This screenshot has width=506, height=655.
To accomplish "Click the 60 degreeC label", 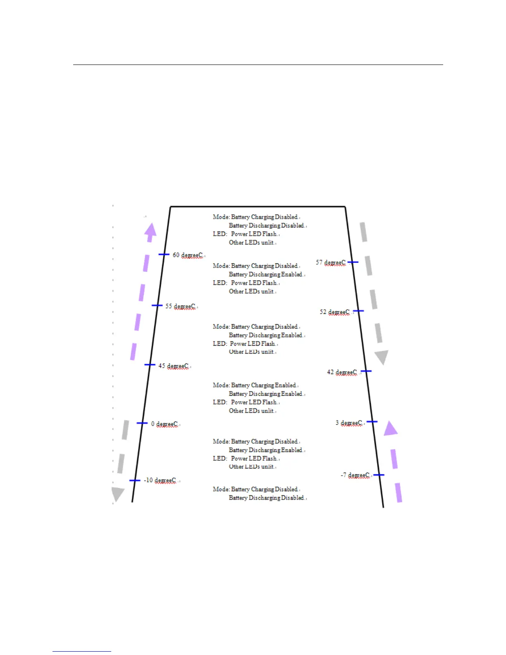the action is [x=188, y=255].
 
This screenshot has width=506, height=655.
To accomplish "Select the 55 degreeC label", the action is [x=180, y=306].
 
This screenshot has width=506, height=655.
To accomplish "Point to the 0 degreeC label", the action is [x=164, y=424].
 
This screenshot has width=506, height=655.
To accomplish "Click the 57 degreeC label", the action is [x=331, y=263].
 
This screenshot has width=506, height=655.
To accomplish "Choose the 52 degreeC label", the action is [x=334, y=312].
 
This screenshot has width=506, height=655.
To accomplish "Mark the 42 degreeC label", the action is [x=342, y=372].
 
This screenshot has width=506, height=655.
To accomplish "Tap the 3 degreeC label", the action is [x=349, y=423].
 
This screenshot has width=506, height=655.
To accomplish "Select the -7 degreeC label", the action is [x=355, y=475].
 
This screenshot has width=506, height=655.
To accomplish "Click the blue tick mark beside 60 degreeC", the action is [x=164, y=254].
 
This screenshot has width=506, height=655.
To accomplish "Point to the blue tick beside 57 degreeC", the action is [x=353, y=262].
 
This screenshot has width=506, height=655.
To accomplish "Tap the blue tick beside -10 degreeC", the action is [x=135, y=480].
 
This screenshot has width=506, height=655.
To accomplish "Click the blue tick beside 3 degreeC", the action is [x=372, y=422].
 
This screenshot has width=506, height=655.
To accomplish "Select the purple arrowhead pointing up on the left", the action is [x=151, y=231].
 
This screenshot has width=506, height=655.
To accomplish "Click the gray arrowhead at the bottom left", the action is [x=118, y=494].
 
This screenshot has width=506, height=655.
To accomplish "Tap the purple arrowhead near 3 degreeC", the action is [x=390, y=428].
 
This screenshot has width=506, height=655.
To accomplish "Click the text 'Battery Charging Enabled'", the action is [x=264, y=385].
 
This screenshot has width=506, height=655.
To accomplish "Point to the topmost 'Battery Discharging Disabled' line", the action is [x=267, y=225].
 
